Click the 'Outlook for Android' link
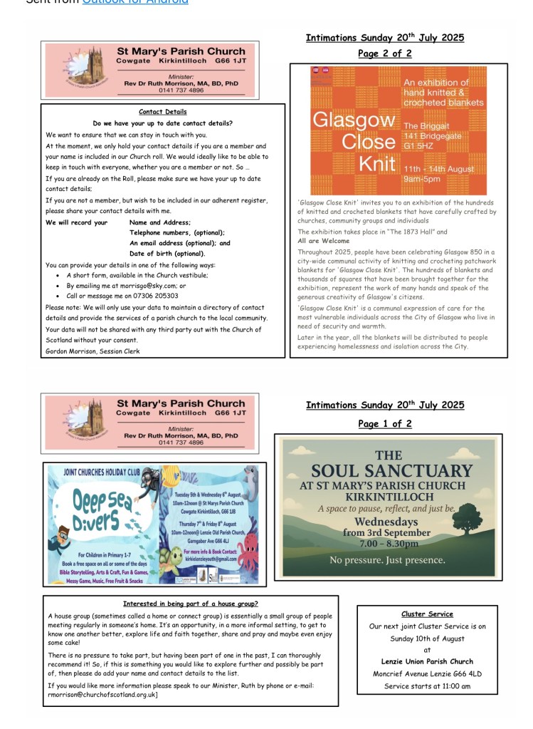[135, 2]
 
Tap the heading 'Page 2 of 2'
[384, 53]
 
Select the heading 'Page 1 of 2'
[384, 424]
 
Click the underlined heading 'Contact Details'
[163, 112]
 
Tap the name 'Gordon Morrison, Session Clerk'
[93, 351]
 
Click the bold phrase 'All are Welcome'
[324, 242]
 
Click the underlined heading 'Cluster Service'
[427, 614]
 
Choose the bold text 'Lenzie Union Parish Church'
[427, 662]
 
